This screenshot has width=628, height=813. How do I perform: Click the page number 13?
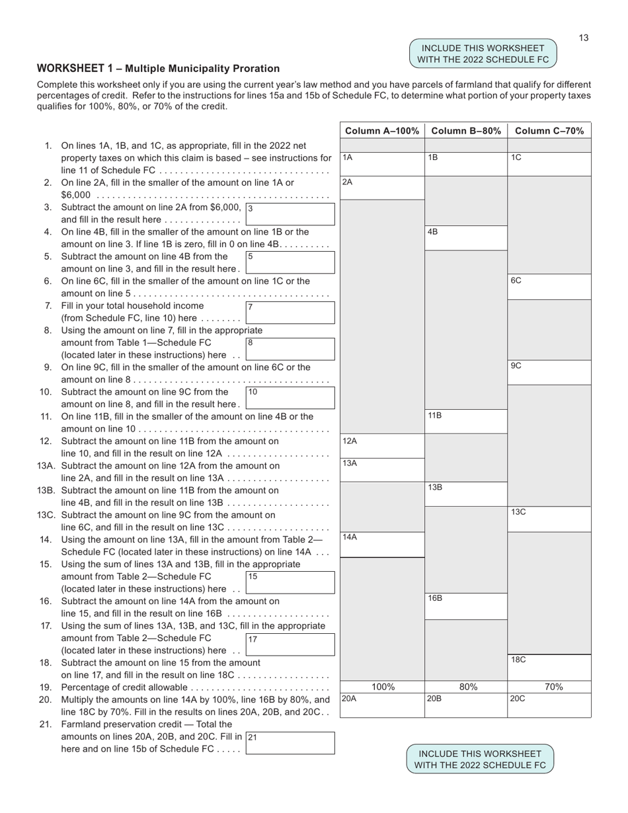point(584,38)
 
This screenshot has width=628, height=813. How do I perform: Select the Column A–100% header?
point(382,131)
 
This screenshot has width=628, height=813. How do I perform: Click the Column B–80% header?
point(466,131)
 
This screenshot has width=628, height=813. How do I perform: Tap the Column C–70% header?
point(549,131)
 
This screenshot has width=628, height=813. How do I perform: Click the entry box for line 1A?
point(382,164)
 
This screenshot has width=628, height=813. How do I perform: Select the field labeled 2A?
point(382,188)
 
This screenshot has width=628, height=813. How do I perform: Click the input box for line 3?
point(290,213)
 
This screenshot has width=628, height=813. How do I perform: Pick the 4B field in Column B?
point(466,238)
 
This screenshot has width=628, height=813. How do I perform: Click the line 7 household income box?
point(290,312)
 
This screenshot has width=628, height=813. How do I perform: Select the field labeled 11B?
point(466,422)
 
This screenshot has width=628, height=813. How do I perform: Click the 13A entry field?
point(382,470)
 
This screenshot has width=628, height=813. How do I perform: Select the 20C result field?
point(549,705)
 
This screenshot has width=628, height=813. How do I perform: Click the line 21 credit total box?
point(290,742)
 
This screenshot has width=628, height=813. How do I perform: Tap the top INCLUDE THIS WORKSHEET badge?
point(484,54)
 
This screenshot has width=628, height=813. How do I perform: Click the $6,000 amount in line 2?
point(76,195)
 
